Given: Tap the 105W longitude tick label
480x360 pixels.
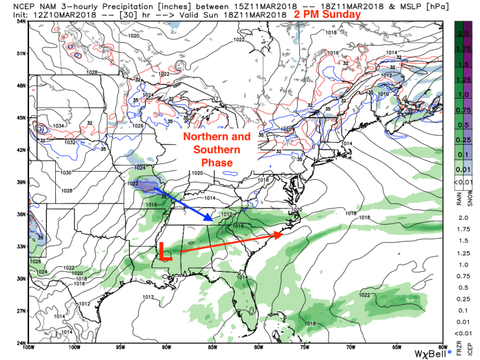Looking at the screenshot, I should (29, 348).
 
